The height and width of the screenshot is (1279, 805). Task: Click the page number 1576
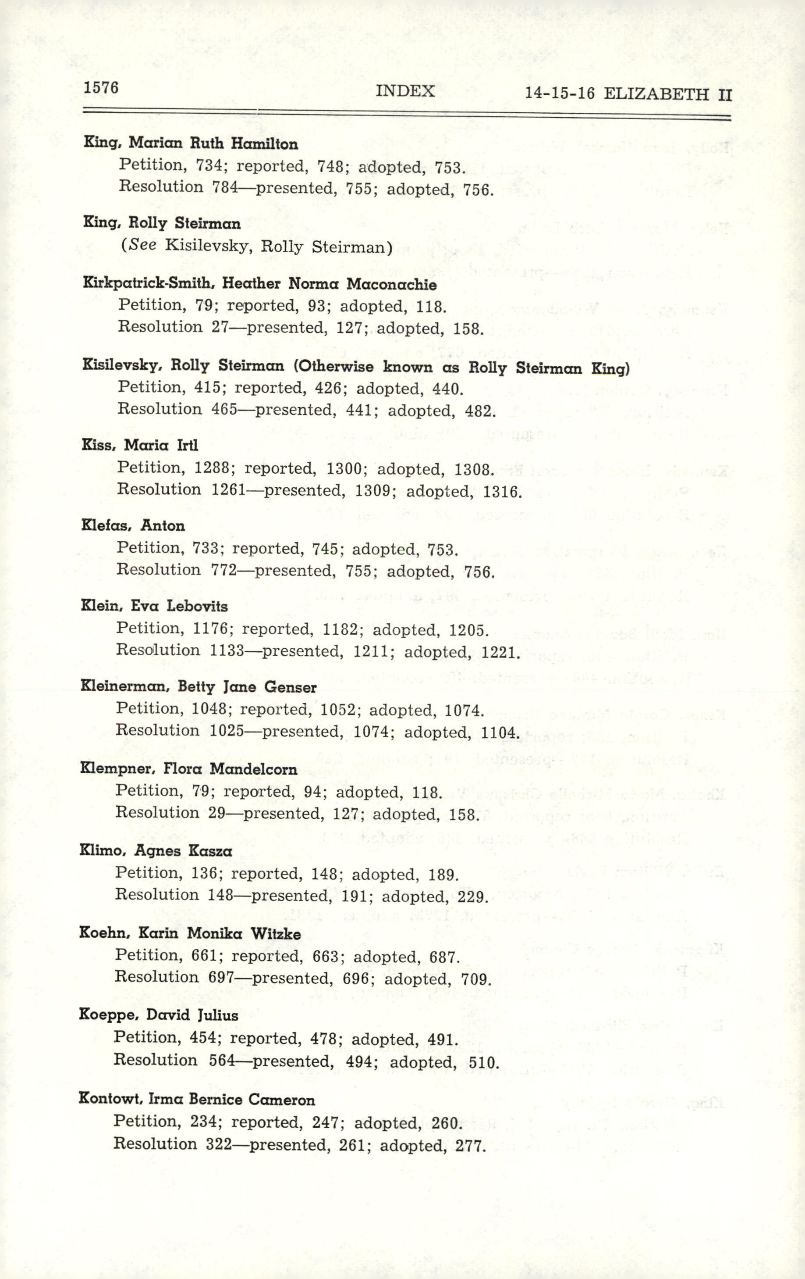tap(101, 87)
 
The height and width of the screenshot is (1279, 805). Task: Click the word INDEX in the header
tap(405, 91)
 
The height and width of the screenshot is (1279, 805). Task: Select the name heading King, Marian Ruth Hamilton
tap(191, 143)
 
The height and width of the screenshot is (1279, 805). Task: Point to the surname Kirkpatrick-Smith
tap(147, 283)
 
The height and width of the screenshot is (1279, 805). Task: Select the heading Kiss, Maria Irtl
tap(139, 445)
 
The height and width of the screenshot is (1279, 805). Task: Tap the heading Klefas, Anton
tap(133, 525)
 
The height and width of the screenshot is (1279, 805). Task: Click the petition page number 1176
tap(211, 629)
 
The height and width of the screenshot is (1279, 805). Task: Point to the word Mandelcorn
tap(254, 768)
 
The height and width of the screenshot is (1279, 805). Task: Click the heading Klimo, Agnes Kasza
tap(156, 851)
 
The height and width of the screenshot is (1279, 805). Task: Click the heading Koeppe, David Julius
tap(158, 1015)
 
